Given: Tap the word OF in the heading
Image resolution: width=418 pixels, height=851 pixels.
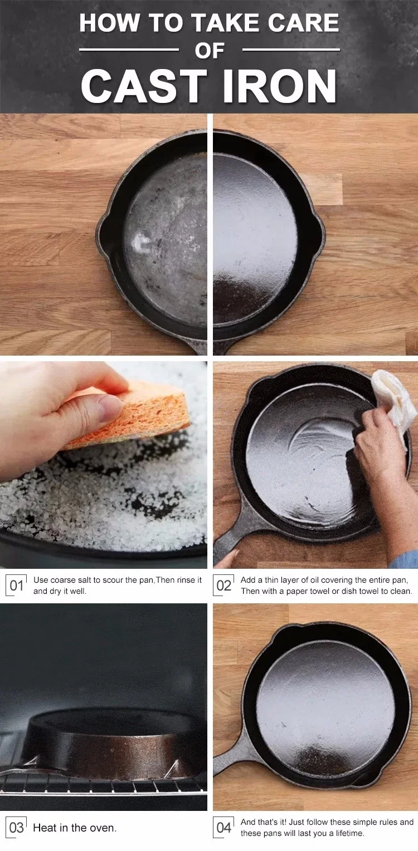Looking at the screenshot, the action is point(210,50).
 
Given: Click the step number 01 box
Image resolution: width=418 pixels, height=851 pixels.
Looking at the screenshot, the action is point(16,586).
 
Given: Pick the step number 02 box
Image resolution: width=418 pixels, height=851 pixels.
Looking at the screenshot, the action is point(223,586).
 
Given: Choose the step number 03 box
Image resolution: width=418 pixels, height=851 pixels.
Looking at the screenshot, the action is point(16,828).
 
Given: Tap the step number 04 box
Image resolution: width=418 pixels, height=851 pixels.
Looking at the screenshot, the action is point(223,828).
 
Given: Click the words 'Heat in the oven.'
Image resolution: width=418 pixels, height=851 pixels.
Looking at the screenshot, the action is point(75,828).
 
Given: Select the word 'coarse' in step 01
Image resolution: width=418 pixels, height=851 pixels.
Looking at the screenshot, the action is point(63,580).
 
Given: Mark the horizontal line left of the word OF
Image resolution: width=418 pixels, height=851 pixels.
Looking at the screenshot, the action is point(129,50).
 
